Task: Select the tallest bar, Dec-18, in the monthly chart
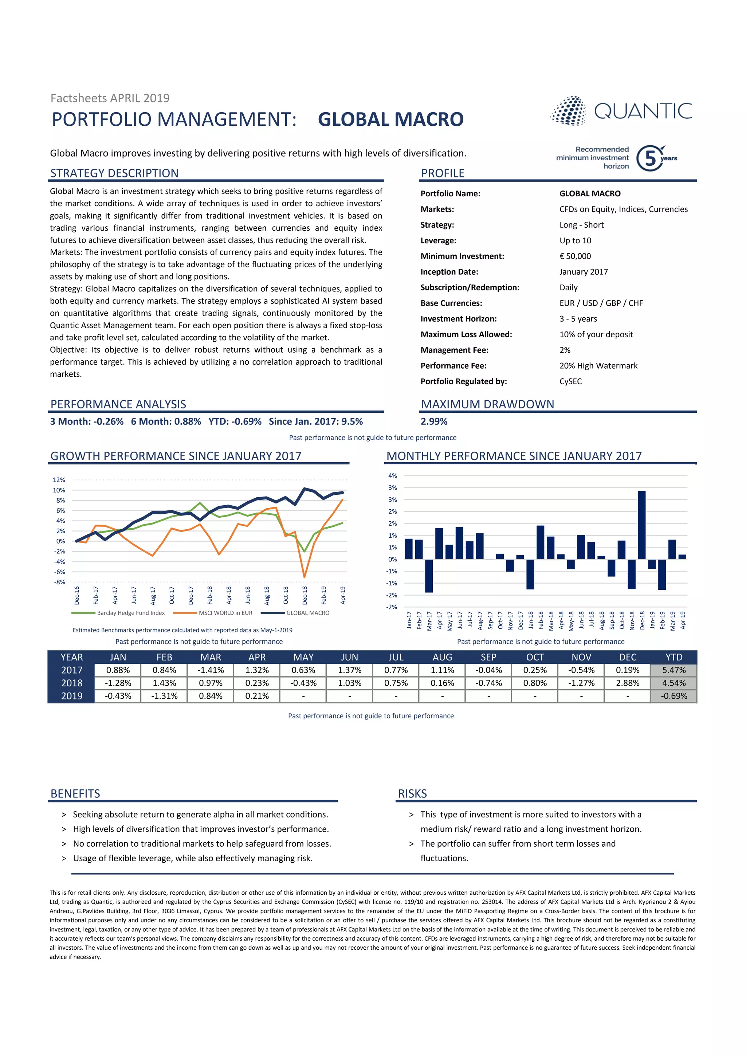point(642,525)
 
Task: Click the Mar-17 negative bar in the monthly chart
point(429,575)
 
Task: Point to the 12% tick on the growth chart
point(59,480)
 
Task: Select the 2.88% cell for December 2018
point(628,683)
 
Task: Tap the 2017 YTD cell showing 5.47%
point(674,670)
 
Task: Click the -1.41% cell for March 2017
point(211,670)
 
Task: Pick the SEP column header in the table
point(488,657)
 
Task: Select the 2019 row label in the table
point(72,696)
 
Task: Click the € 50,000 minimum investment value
point(575,256)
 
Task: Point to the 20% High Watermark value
point(598,365)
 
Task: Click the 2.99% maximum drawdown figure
point(433,421)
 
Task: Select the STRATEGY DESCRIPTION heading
point(114,173)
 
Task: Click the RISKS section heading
point(412,793)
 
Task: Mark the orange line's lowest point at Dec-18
point(304,577)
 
